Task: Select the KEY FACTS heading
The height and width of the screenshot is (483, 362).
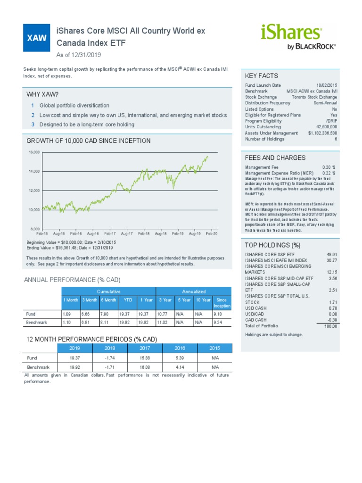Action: (262, 76)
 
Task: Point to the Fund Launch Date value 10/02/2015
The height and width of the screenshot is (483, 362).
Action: (326, 85)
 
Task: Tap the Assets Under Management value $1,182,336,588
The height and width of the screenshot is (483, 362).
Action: (323, 133)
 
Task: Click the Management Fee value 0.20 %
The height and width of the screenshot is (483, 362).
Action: (329, 167)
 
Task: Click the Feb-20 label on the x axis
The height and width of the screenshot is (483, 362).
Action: (212, 233)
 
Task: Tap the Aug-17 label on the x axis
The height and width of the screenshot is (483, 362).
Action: (127, 233)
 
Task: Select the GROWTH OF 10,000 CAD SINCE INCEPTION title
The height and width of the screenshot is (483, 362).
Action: (89, 141)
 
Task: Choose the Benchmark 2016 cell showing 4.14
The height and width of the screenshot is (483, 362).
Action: (180, 366)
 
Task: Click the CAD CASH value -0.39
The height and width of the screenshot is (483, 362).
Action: (332, 320)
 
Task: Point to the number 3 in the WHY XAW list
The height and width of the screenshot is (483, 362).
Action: (33, 125)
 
